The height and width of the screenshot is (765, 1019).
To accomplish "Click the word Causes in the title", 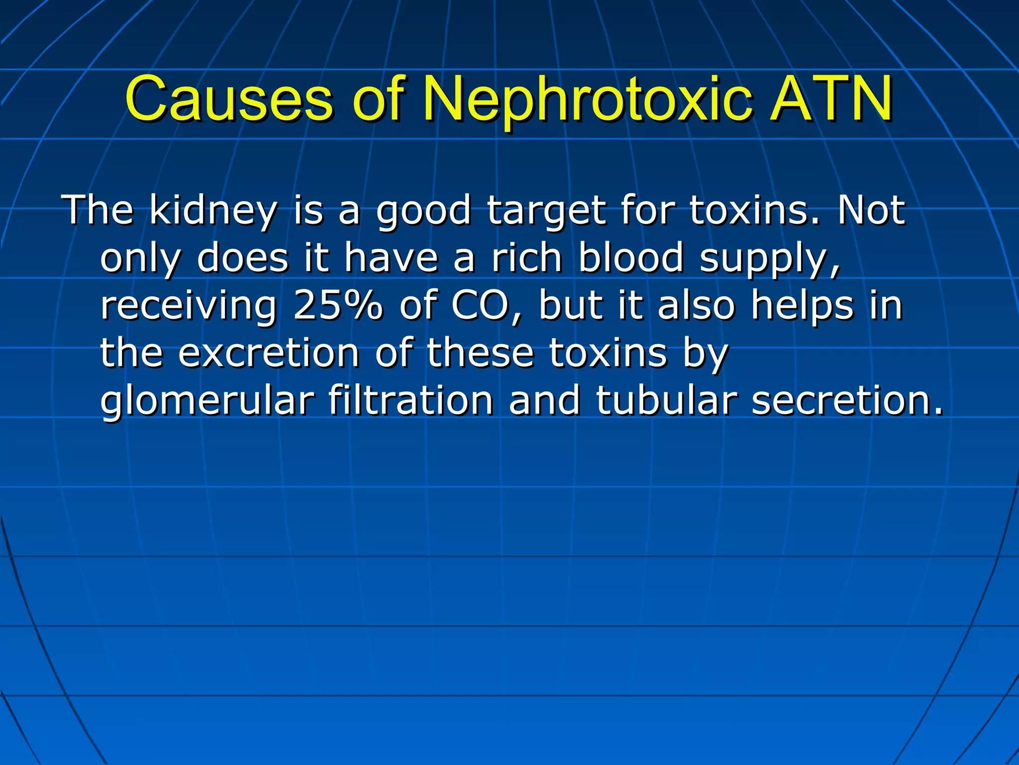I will [x=228, y=100].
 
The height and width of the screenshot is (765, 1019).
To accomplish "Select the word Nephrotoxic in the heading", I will [x=587, y=100].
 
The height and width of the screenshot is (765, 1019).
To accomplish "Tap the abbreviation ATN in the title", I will [x=831, y=100].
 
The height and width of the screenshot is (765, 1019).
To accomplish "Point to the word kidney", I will [x=213, y=211].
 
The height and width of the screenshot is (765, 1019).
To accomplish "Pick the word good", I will [x=423, y=211].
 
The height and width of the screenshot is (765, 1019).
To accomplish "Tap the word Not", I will [x=871, y=210].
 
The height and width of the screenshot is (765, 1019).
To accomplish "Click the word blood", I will [x=631, y=258].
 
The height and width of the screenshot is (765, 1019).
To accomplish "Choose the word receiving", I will [x=189, y=306].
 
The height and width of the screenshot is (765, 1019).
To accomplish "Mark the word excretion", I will [x=269, y=353].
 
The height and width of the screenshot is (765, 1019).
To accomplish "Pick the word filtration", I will [x=410, y=400].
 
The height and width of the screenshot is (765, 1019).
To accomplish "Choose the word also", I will [x=696, y=305].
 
